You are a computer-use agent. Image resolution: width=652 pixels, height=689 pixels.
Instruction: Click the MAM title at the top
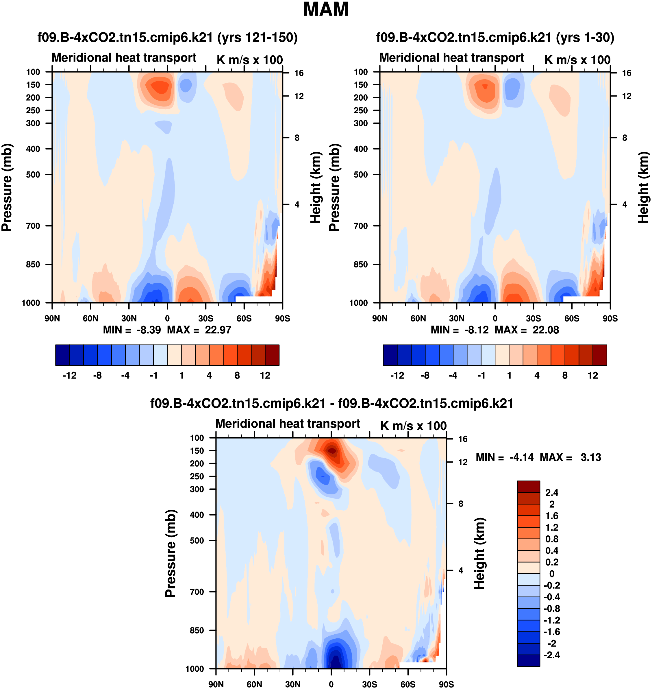click(x=326, y=9)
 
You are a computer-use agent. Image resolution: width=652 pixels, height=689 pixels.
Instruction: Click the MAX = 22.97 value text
click(x=199, y=330)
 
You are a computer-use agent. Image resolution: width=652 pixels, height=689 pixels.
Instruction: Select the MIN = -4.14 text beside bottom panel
click(x=504, y=457)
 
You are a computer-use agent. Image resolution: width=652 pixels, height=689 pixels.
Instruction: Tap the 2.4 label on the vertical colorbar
click(x=551, y=493)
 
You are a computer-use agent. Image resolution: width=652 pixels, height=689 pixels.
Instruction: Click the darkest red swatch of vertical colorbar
click(x=528, y=487)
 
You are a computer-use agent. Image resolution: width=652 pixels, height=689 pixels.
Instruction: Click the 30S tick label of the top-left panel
click(x=206, y=318)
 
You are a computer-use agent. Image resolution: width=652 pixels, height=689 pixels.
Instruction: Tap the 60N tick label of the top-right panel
click(x=418, y=318)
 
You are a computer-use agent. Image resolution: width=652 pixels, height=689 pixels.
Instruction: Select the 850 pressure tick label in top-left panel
click(x=33, y=265)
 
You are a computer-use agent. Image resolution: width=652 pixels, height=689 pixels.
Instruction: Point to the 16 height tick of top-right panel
click(x=626, y=73)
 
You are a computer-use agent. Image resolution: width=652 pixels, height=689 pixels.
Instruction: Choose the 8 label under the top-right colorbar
click(x=565, y=376)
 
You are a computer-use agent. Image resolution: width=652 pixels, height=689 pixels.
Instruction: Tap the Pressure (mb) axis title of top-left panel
click(x=7, y=187)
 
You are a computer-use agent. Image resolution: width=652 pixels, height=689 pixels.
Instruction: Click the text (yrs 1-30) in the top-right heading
click(x=585, y=38)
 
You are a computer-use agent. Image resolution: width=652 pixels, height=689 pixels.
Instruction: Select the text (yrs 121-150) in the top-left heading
click(x=258, y=38)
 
